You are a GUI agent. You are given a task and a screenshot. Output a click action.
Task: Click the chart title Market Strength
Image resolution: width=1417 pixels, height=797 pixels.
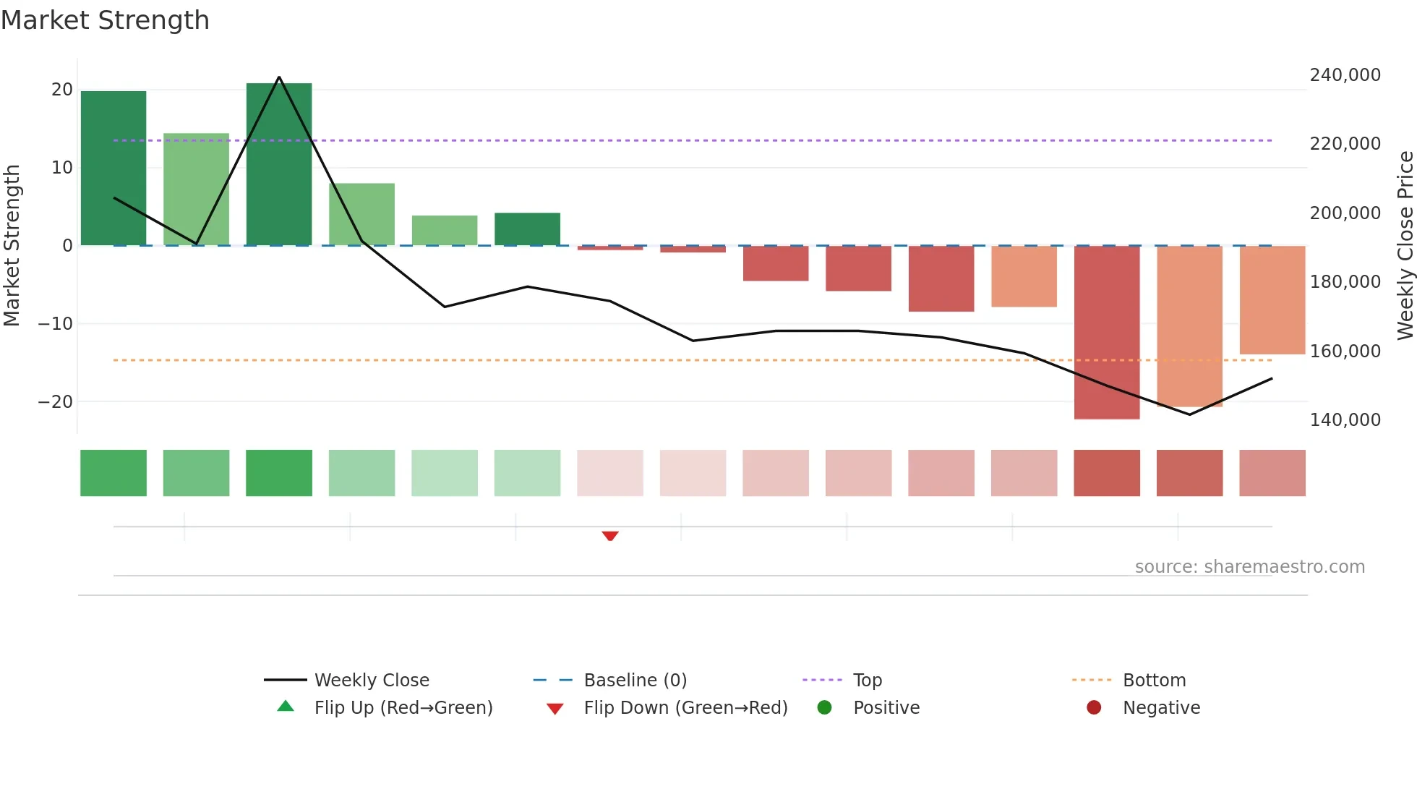105,20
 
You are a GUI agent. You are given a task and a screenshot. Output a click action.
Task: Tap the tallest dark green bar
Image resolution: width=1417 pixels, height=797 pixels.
279,164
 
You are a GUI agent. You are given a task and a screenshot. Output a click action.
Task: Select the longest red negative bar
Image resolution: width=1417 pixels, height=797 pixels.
1107,332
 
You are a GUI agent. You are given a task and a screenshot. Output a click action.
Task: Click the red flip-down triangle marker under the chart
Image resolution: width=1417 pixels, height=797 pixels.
610,536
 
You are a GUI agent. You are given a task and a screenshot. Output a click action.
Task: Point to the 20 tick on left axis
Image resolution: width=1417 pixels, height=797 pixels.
62,90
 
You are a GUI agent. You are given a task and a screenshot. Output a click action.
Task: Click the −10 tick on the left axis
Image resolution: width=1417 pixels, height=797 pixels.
56,323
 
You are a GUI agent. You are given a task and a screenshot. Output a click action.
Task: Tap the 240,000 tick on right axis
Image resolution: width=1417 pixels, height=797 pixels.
1345,75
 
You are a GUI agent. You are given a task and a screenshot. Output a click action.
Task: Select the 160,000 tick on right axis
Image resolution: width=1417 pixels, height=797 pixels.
1345,351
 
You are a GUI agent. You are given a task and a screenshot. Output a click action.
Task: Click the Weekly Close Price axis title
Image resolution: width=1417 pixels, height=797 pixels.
1405,245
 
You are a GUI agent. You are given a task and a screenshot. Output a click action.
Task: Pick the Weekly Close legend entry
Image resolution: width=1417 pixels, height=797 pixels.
371,680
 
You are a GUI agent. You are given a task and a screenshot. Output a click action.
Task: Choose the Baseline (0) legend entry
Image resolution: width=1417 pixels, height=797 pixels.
635,680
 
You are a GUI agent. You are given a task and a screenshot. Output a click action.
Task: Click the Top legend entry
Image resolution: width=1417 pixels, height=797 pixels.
867,680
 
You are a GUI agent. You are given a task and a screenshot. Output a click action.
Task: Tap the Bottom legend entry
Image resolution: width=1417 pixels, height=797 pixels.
1154,680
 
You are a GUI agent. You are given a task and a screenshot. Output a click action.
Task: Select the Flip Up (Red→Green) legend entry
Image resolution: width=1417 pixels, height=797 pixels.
403,707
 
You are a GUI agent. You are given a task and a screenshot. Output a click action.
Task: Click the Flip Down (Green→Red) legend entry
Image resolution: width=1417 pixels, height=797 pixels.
685,707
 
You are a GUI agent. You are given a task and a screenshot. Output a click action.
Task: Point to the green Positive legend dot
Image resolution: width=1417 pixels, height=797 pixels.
824,707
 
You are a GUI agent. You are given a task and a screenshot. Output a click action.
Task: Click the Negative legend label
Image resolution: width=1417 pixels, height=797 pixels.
1161,707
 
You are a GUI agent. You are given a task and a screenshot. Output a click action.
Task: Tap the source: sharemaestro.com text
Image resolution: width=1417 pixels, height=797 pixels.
1249,567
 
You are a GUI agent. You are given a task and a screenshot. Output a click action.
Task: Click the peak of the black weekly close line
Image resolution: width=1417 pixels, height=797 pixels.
279,77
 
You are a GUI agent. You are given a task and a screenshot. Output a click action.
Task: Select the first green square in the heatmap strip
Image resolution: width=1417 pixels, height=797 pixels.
114,473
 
